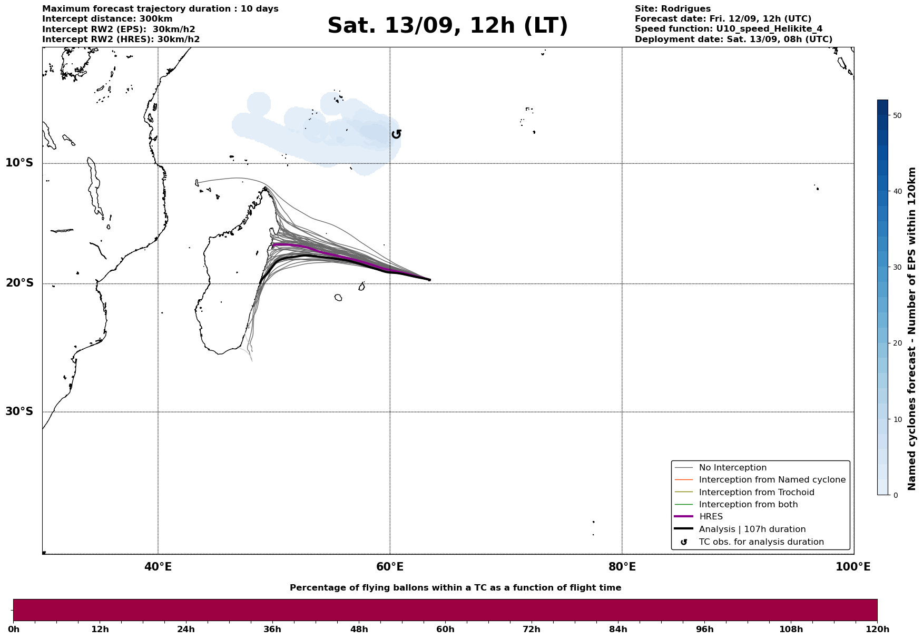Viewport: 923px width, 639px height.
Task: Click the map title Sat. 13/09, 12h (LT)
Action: click(447, 26)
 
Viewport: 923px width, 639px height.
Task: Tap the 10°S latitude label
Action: click(19, 163)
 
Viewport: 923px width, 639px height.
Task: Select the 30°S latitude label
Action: click(19, 411)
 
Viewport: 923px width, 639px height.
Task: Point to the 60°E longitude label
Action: click(390, 567)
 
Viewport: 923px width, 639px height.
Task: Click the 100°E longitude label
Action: click(853, 567)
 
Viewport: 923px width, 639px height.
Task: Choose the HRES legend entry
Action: click(711, 517)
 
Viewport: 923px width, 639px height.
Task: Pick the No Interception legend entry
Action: click(732, 468)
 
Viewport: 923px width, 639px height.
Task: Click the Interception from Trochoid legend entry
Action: click(756, 493)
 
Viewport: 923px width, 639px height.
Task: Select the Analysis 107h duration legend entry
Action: click(752, 529)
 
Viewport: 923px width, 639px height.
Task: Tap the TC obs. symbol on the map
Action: click(397, 134)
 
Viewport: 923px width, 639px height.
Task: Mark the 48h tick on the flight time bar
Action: click(359, 629)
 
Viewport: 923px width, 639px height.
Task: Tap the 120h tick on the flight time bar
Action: click(877, 629)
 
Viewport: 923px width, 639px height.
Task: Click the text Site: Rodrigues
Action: click(672, 9)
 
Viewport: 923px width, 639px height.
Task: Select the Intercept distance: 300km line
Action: click(107, 19)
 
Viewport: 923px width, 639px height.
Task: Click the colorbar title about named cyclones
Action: click(912, 329)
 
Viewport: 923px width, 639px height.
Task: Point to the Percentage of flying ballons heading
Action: click(455, 588)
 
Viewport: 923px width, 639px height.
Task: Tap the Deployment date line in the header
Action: click(733, 40)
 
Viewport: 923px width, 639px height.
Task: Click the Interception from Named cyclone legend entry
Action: click(772, 480)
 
